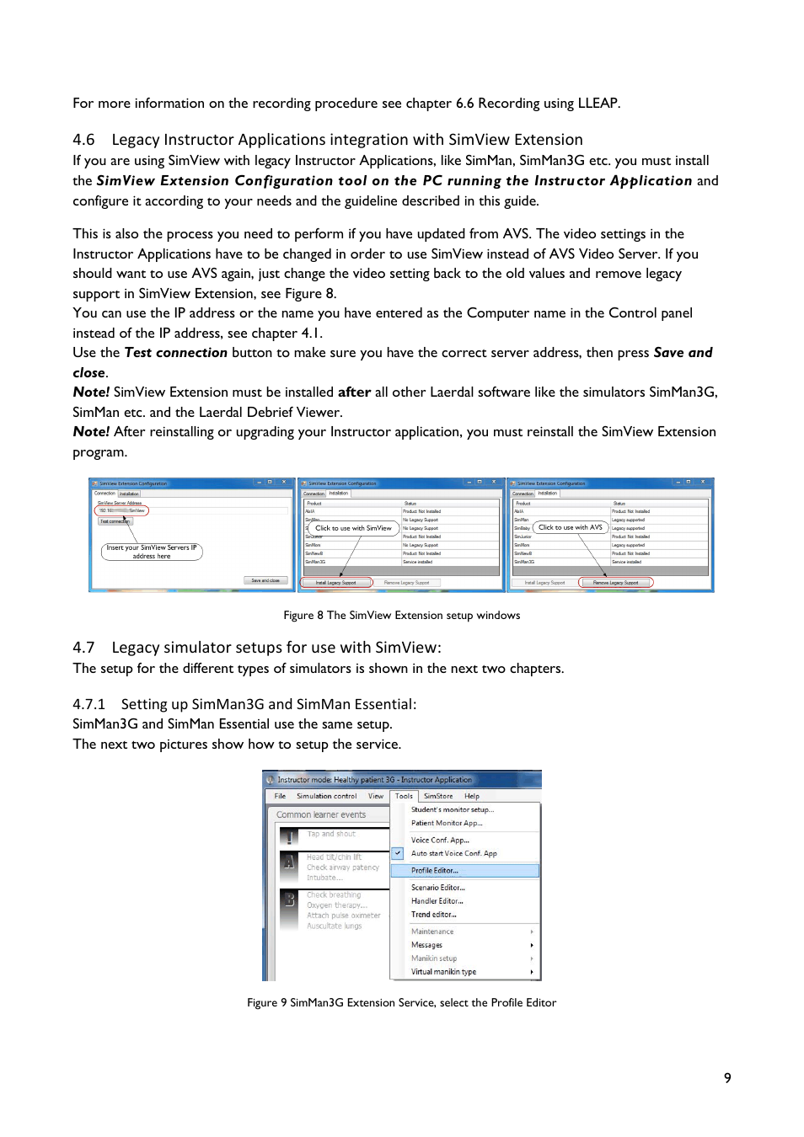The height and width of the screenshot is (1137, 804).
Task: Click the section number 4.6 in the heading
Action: [x=83, y=140]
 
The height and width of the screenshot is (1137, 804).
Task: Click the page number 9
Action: [x=727, y=1078]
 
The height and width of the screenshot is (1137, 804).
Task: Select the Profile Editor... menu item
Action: [x=435, y=871]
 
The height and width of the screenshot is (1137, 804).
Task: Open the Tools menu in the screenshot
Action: [x=405, y=796]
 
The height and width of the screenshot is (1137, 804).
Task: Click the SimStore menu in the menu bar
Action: [x=438, y=796]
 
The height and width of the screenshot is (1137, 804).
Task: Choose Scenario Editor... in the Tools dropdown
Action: [x=438, y=888]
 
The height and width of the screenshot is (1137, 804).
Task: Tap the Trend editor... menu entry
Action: [x=434, y=915]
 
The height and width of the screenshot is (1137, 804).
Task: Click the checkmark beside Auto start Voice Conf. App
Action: [x=398, y=853]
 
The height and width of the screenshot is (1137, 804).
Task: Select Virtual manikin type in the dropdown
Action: [x=443, y=972]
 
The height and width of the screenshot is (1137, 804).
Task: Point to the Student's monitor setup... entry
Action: [x=453, y=809]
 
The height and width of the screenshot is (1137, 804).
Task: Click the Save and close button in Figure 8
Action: [x=265, y=580]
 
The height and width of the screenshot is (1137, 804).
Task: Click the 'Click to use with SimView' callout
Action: [x=353, y=528]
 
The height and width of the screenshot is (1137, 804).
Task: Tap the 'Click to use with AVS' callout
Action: [x=571, y=527]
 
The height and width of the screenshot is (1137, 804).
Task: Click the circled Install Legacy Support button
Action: [x=336, y=583]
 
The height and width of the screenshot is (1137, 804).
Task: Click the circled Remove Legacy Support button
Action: [x=616, y=583]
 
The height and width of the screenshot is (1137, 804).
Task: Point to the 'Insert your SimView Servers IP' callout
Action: [x=152, y=552]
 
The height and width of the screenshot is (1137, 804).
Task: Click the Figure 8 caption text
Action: [x=401, y=616]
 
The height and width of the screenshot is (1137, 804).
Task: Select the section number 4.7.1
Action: [x=88, y=704]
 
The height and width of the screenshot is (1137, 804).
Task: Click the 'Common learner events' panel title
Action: [x=321, y=814]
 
